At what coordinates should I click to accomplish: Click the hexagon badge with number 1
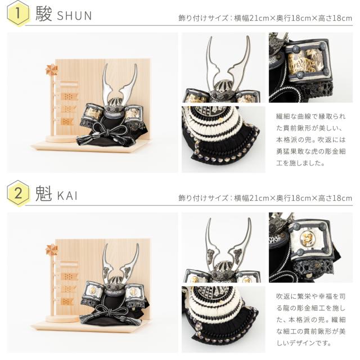point(18,13)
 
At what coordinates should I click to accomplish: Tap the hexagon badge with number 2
point(18,193)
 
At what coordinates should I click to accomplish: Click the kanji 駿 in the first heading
point(44,13)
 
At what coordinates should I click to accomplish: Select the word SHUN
point(74,16)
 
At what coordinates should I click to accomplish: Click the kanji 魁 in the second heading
point(44,193)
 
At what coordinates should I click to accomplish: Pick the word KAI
point(67,196)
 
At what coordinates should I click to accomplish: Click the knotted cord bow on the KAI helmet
point(110,313)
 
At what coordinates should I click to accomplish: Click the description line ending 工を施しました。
point(300,163)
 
